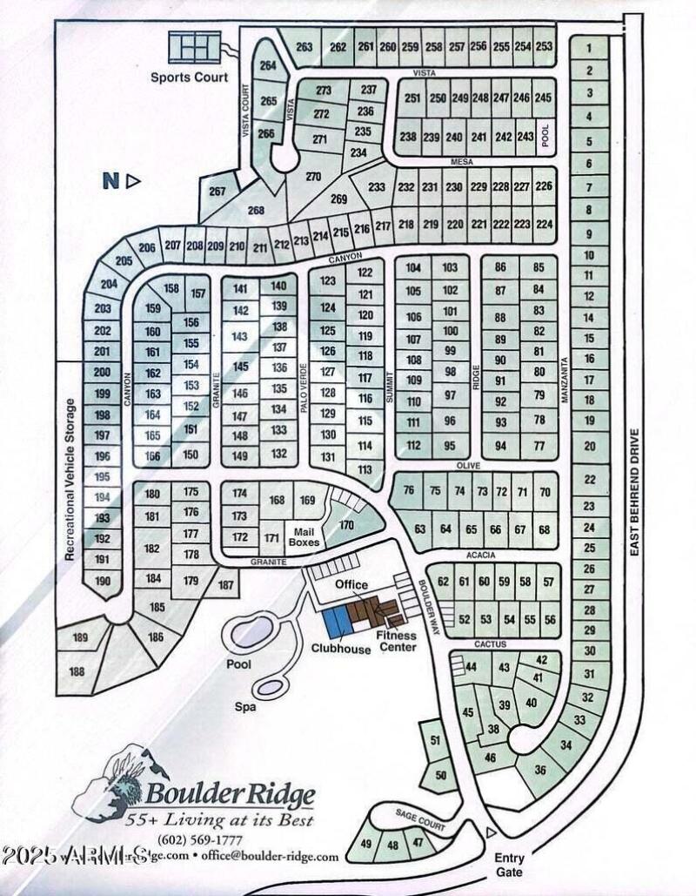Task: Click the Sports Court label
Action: tap(189, 77)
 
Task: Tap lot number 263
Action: tap(303, 47)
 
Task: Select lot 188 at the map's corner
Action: tap(77, 671)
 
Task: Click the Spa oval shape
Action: tap(270, 687)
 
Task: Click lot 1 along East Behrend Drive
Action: tap(590, 50)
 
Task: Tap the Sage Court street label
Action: tap(422, 819)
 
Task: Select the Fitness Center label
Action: tap(396, 641)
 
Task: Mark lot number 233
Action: tap(377, 187)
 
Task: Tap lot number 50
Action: tap(439, 775)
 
